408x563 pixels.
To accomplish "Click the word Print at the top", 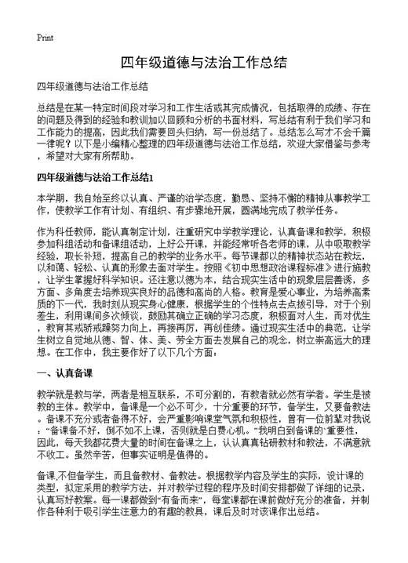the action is (x=45, y=38).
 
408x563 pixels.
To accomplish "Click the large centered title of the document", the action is (x=203, y=62).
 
